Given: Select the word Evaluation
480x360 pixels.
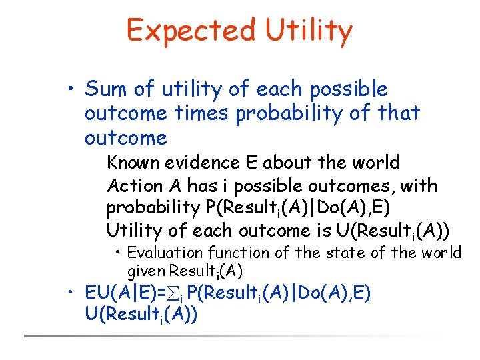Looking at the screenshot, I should tap(165, 253).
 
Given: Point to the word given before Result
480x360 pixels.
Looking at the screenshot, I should tap(146, 271).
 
